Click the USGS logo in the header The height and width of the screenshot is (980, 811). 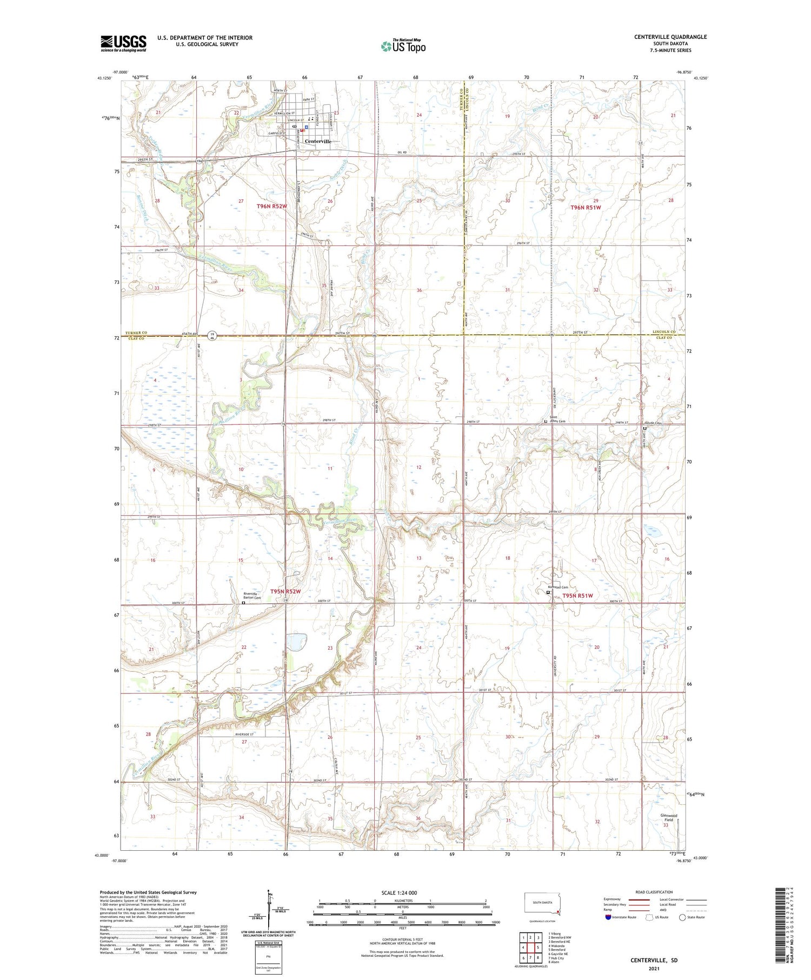pos(123,43)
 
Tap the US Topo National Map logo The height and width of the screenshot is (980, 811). pos(403,46)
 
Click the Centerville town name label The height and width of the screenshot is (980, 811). pos(318,141)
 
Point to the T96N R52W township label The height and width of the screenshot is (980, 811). pos(271,206)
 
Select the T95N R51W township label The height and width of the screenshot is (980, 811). pos(577,596)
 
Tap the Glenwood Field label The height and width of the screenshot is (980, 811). pos(669,817)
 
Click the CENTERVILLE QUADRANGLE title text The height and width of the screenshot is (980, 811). pos(670,37)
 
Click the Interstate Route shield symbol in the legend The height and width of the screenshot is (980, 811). pos(608,917)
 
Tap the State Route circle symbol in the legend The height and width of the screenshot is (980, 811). pos(682,917)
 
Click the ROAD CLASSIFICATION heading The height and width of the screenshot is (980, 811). pos(654,892)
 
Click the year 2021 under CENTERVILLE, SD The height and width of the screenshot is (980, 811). pos(654,968)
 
